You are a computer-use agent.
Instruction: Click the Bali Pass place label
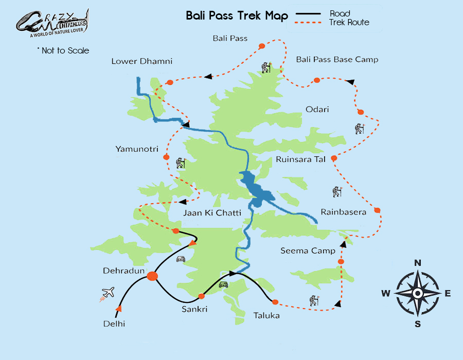pos(230,38)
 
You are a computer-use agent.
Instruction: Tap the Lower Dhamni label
pos(141,61)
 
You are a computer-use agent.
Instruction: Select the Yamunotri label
pos(136,149)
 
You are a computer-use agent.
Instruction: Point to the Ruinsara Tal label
pos(300,159)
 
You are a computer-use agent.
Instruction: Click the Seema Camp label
pos(308,251)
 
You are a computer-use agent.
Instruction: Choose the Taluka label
pos(266,315)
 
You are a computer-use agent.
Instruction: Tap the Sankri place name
pos(194,309)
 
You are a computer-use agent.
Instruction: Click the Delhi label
pos(114,323)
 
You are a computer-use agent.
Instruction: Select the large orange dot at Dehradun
pos(152,276)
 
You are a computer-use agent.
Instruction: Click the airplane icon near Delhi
pos(108,293)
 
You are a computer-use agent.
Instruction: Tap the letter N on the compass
pos(418,263)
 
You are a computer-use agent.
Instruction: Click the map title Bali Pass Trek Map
pos(237,16)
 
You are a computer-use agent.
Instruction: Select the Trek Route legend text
pos(349,22)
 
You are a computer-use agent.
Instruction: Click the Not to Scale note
pos(63,50)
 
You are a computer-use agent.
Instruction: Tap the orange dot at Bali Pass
pos(261,46)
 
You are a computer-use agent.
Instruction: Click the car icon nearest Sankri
pos(223,284)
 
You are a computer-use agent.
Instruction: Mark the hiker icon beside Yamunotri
pos(180,163)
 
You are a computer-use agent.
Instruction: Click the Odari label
pos(317,110)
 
